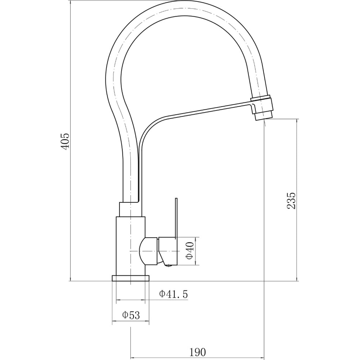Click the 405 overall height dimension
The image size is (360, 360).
(65, 141)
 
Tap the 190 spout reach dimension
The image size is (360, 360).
(198, 352)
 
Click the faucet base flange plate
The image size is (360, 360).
(130, 278)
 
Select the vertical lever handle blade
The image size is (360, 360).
(176, 218)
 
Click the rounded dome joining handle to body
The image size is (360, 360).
(148, 251)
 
